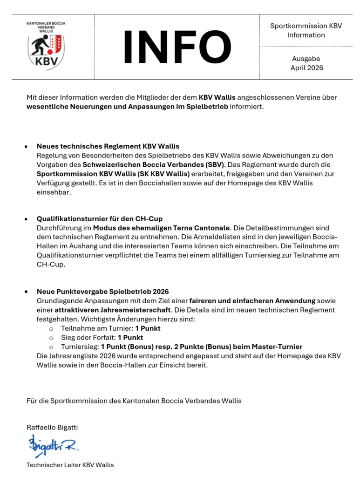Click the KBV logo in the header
point(46,46)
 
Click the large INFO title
point(177,47)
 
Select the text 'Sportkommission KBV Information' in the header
point(306,30)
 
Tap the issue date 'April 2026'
point(306,68)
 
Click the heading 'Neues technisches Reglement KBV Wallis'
point(108,146)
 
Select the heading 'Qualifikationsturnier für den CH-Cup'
point(100,219)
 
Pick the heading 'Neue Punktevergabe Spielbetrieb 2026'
point(102,292)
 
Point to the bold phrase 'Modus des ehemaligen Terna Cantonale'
point(162,228)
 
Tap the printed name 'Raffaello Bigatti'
point(52,427)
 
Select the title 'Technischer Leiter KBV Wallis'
point(70,465)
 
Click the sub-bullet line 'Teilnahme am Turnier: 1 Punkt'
point(111,328)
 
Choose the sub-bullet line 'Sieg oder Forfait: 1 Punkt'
point(102,337)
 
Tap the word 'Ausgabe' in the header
point(306,59)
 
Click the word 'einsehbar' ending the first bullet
point(54,192)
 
